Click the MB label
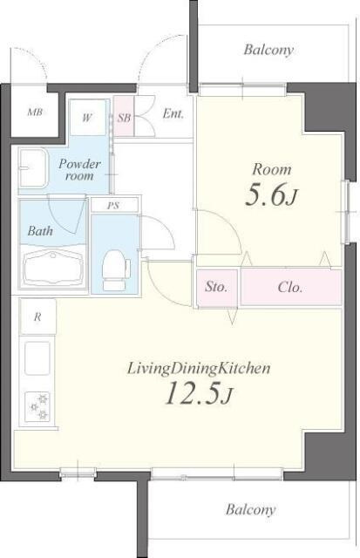35,112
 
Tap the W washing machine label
87,118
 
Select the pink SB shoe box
124,116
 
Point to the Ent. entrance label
173,114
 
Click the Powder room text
79,170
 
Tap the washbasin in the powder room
33,167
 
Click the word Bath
40,231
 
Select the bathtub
53,268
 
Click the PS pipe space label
113,206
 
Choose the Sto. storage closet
217,288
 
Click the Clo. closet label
290,287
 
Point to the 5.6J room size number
271,196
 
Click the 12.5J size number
199,393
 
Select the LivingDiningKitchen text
199,368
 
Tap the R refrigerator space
37,316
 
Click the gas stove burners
37,406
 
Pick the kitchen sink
37,358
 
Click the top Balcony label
268,50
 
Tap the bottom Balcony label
250,509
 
